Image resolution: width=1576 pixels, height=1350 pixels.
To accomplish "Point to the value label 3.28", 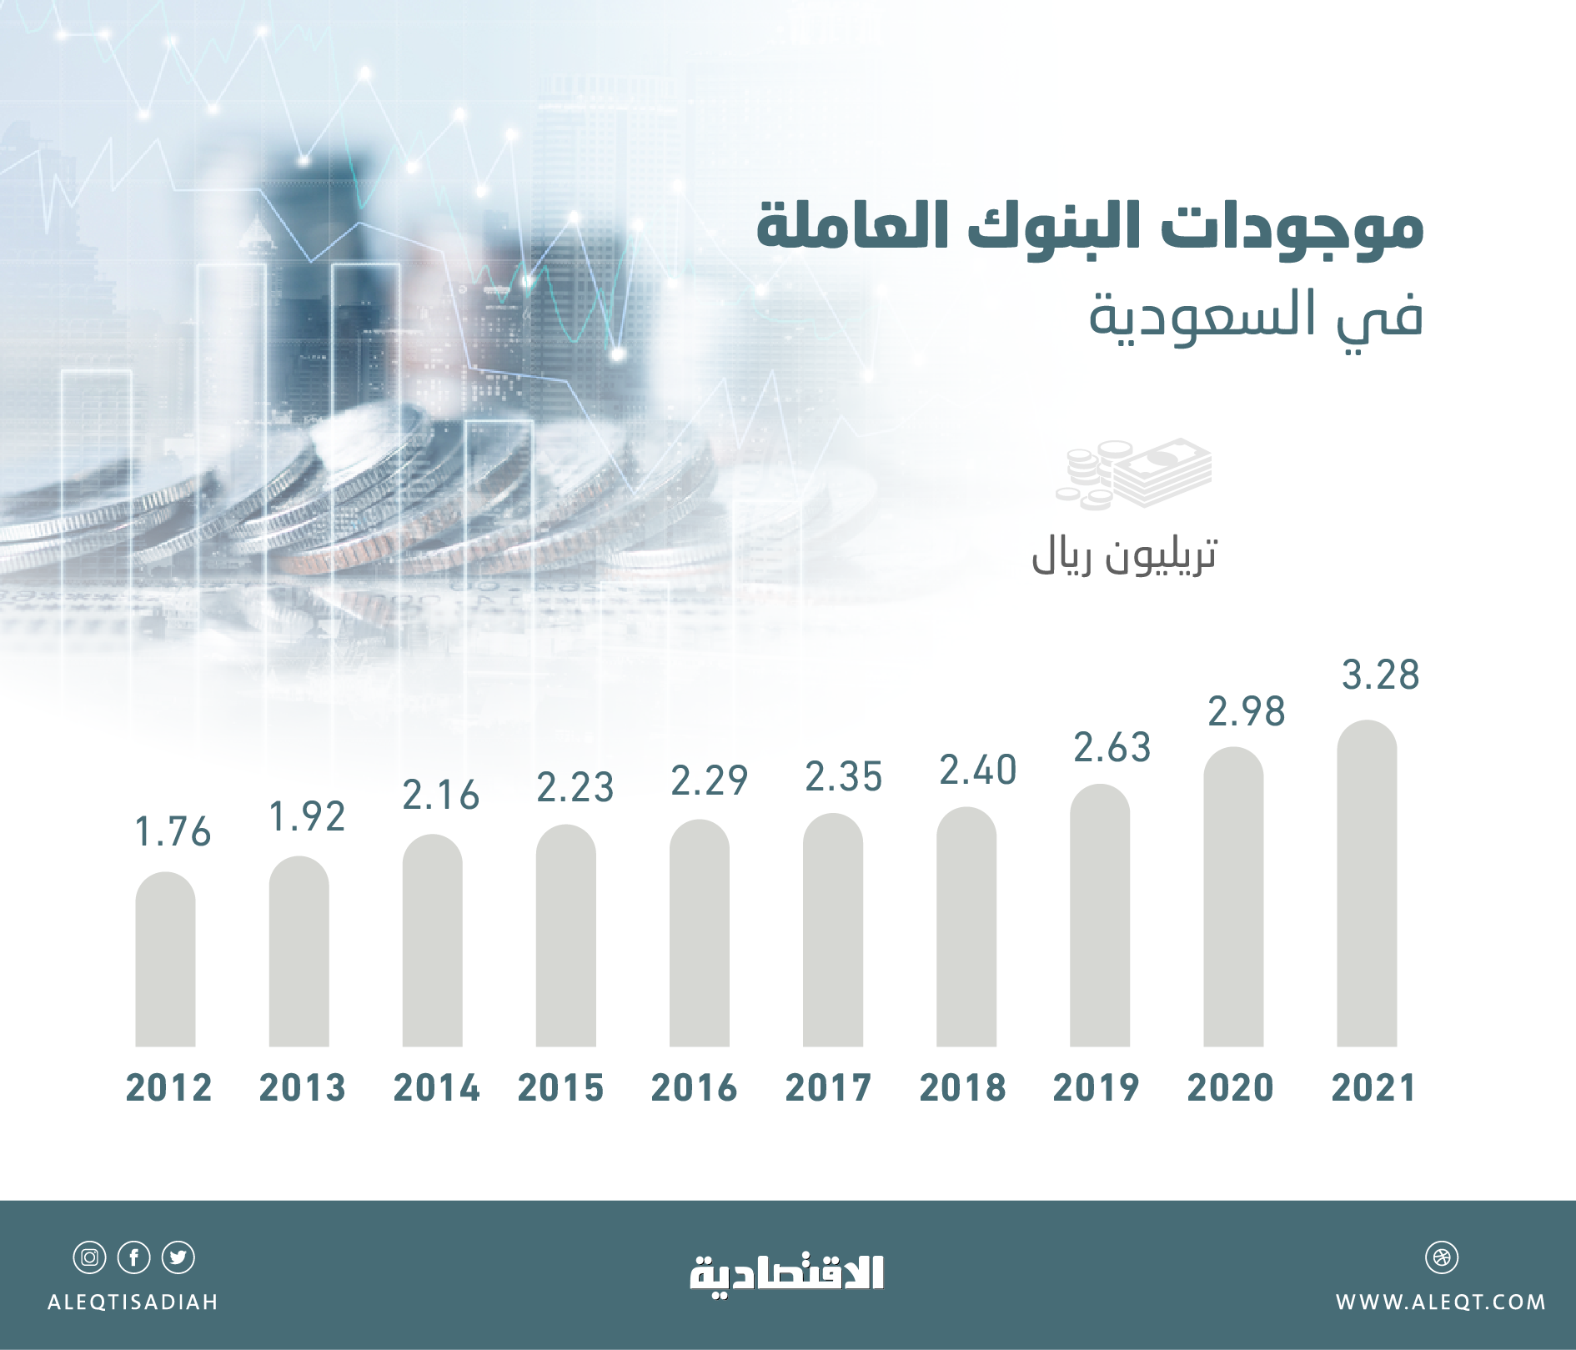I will (x=1380, y=675).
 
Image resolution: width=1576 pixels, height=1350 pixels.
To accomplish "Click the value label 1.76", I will (x=173, y=832).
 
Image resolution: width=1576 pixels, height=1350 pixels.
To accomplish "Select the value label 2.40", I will (x=978, y=770).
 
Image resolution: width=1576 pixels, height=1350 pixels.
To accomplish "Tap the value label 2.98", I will (x=1247, y=712).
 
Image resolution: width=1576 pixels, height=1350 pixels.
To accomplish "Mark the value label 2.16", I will (x=441, y=795).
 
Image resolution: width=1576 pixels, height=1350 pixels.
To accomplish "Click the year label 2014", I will (x=436, y=1088).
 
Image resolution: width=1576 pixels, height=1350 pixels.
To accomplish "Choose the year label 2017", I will (x=828, y=1088).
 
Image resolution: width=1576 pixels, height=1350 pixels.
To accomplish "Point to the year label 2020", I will (x=1230, y=1088).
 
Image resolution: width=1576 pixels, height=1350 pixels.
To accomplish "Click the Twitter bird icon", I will (x=178, y=1257).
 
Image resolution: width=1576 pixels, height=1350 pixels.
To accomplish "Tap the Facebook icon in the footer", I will (x=133, y=1257).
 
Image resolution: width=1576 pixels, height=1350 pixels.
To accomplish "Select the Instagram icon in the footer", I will (x=89, y=1257).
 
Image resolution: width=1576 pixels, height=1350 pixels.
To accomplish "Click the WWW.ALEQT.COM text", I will (x=1440, y=1302).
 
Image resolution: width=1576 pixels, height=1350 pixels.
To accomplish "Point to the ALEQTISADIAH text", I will (x=133, y=1302).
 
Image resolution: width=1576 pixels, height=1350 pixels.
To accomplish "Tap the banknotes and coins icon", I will (x=1134, y=474).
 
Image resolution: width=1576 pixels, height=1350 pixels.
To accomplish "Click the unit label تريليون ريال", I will (x=1124, y=555).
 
